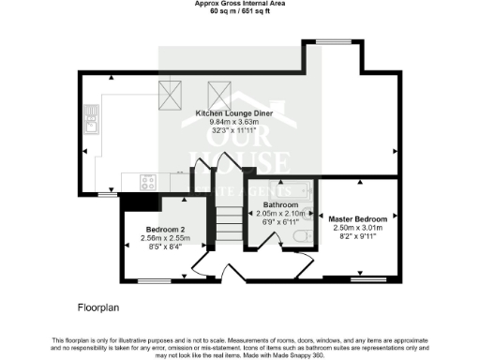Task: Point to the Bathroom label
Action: tap(280, 204)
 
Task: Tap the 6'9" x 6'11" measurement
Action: tap(280, 222)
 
